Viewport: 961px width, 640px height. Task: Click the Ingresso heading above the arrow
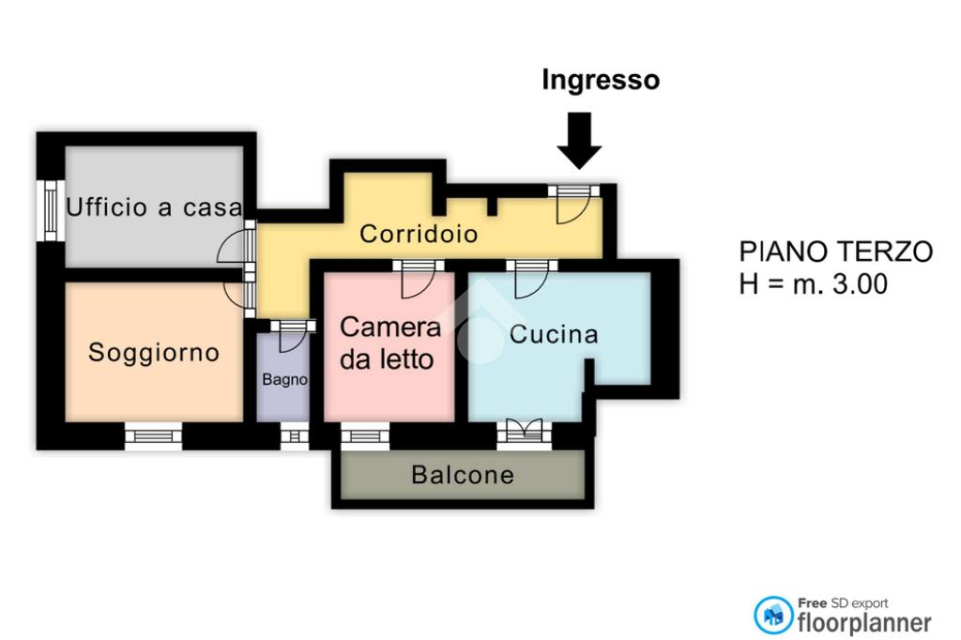click(x=601, y=81)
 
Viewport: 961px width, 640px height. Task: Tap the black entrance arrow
click(x=579, y=140)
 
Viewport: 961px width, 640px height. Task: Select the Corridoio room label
click(x=419, y=234)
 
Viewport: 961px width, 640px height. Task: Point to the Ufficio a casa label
click(x=154, y=207)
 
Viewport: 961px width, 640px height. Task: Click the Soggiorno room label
click(x=154, y=353)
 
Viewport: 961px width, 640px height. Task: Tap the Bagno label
click(x=284, y=380)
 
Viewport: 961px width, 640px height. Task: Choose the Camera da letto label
click(x=389, y=343)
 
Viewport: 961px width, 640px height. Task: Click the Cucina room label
click(x=554, y=335)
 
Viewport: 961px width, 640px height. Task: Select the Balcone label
click(x=463, y=476)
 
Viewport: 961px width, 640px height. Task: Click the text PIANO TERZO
click(x=836, y=251)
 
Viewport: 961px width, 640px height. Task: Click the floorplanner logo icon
click(x=773, y=615)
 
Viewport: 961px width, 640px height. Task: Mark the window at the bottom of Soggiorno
click(x=154, y=435)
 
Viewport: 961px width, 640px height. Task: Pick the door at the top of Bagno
click(x=290, y=333)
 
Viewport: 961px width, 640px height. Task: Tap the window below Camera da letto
click(x=365, y=435)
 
